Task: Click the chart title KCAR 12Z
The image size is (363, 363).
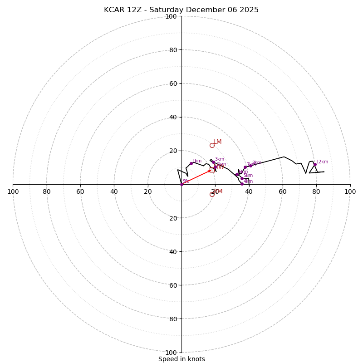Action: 181,10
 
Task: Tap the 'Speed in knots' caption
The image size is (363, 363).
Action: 181,359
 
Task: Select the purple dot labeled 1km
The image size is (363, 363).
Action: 191,163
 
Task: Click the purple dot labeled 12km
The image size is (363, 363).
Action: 315,164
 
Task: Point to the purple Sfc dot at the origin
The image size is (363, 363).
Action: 181,184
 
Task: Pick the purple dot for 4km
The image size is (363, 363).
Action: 242,184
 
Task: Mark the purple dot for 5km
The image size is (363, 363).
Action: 242,178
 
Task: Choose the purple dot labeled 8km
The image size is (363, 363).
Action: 250,166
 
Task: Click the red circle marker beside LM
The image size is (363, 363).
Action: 212,145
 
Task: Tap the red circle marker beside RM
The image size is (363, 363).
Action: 212,194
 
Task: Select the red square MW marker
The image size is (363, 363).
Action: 212,170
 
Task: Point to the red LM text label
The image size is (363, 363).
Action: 217,142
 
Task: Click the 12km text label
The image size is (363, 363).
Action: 322,162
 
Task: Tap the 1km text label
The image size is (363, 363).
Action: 197,161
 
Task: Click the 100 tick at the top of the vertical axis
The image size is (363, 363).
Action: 171,16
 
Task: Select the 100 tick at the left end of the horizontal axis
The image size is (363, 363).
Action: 13,191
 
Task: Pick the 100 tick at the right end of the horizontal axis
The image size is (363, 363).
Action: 350,191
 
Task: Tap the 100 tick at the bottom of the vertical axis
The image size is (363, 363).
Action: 171,353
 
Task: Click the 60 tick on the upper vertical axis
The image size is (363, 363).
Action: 172,83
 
